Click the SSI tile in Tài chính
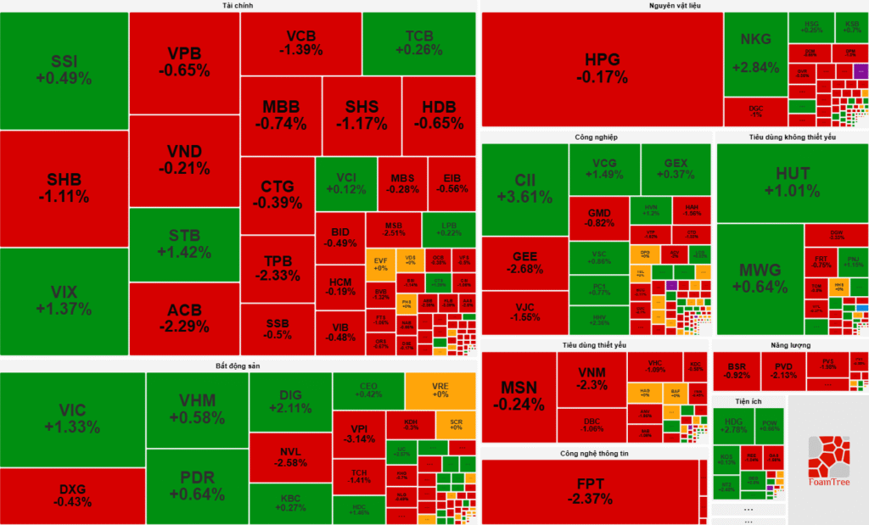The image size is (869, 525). pyautogui.click(x=64, y=70)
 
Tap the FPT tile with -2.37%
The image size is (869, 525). pyautogui.click(x=592, y=491)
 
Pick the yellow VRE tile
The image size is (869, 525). pyautogui.click(x=440, y=389)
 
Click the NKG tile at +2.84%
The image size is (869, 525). pyautogui.click(x=754, y=53)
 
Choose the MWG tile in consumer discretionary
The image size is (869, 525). pyautogui.click(x=760, y=279)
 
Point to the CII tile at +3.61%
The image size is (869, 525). pyautogui.click(x=524, y=188)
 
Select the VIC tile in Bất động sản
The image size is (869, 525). pyautogui.click(x=72, y=419)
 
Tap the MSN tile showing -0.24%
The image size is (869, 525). pyautogui.click(x=519, y=395)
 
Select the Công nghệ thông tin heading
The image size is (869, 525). pyautogui.click(x=593, y=453)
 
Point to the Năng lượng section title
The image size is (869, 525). pyautogui.click(x=790, y=345)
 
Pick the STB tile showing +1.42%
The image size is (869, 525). pyautogui.click(x=184, y=243)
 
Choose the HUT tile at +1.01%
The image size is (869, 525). pyautogui.click(x=793, y=182)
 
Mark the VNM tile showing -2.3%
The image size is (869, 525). pyautogui.click(x=591, y=379)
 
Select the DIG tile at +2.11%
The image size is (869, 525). pyautogui.click(x=290, y=402)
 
